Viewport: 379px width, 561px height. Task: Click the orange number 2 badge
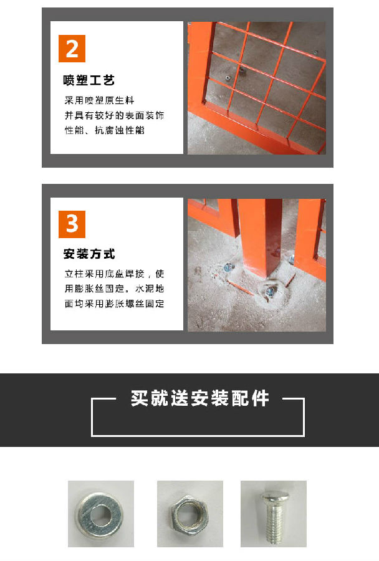pos(72,49)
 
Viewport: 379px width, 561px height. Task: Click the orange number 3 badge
pos(72,224)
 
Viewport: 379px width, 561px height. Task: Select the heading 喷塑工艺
pos(89,81)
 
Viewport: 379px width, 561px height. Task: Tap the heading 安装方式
pos(89,254)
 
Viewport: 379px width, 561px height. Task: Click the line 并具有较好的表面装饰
pos(114,116)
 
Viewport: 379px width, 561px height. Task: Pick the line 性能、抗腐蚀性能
pos(104,131)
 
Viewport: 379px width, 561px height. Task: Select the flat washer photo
pos(101,514)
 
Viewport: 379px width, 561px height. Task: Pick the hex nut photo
pos(189,514)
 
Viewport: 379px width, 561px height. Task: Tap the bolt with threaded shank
pos(274,514)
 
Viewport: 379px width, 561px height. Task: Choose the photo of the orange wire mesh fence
pos(256,88)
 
